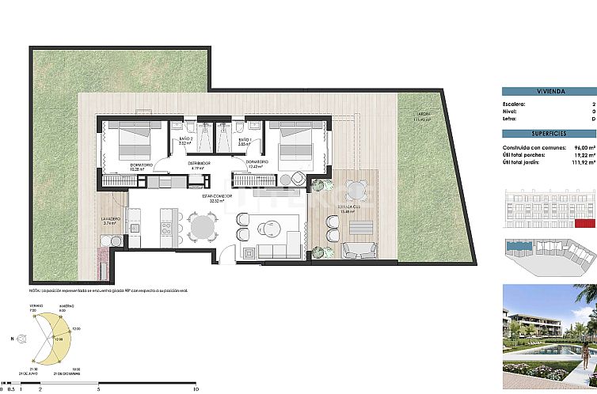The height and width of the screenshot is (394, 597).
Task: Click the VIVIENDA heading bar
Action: point(549,91)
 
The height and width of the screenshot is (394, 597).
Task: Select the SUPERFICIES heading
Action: point(549,133)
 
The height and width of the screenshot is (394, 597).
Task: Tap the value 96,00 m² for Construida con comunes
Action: point(581,149)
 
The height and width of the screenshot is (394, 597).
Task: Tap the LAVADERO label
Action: point(110,220)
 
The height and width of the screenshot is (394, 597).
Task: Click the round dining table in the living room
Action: point(202,228)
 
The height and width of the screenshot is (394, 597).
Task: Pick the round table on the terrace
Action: point(358,191)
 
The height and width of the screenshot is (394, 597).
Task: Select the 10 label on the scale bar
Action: point(195,388)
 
